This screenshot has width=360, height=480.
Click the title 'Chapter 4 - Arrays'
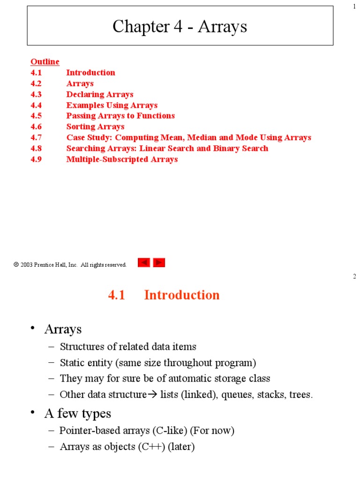[180, 27]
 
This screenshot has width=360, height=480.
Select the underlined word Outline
[45, 62]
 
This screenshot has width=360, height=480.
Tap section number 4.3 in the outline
[36, 94]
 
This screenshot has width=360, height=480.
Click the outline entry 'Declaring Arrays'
[99, 94]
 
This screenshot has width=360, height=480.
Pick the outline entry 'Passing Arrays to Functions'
[120, 116]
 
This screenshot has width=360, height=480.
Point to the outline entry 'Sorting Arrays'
[95, 127]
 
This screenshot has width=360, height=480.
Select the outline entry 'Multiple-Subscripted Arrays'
[122, 159]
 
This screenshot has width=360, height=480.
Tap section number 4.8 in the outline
[36, 148]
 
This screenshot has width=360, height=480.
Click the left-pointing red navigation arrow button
[144, 263]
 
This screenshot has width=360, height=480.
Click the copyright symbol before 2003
[16, 265]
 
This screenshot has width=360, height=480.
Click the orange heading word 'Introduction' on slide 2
[182, 295]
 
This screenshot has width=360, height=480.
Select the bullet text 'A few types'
[78, 413]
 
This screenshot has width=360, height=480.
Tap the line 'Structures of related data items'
[128, 347]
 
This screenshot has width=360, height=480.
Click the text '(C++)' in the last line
[150, 447]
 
